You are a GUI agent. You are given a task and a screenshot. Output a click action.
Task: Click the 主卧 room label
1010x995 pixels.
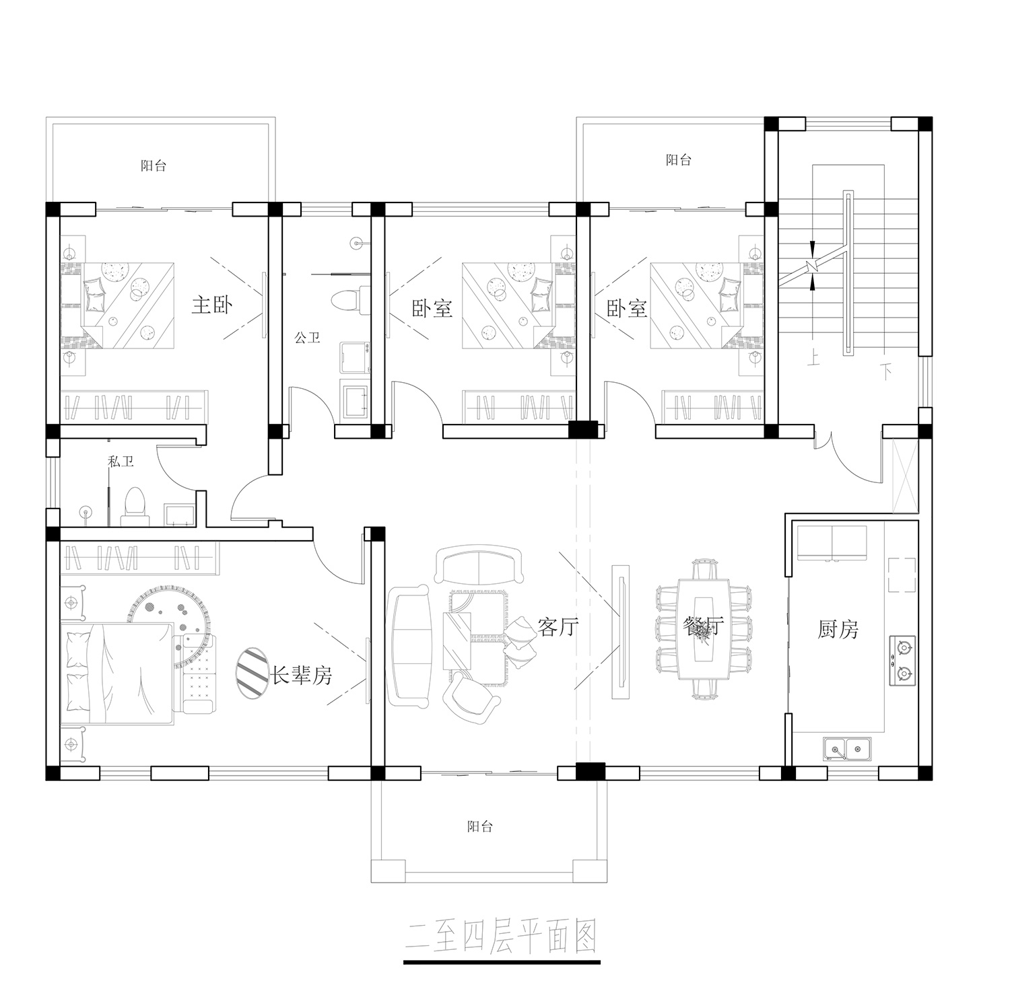click(212, 305)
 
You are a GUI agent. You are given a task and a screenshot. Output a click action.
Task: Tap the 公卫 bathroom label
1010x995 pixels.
click(307, 338)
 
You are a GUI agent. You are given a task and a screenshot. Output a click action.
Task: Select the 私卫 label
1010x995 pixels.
click(121, 462)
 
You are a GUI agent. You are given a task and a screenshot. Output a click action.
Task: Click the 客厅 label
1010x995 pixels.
click(558, 627)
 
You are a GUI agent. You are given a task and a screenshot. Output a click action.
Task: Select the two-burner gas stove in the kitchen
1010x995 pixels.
click(903, 661)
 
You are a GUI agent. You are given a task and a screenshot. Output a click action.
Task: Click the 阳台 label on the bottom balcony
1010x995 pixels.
click(480, 827)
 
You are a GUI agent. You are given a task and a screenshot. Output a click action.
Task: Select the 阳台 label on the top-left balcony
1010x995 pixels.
click(154, 165)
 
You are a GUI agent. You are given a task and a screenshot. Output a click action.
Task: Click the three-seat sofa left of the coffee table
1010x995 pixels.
click(409, 647)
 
